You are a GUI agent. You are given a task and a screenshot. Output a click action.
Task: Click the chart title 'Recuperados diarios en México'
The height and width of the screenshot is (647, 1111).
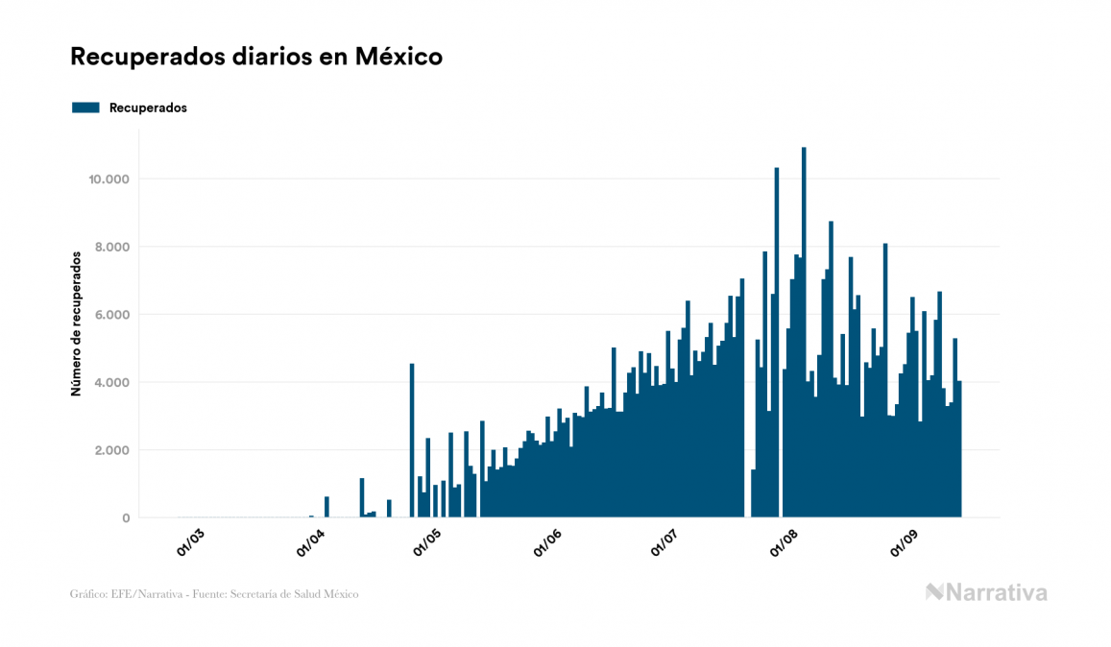pos(256,57)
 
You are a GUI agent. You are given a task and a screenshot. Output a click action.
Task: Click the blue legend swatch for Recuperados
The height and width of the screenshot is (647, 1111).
pos(85,108)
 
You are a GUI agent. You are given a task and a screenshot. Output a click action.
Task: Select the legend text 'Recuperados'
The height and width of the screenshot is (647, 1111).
pos(148,108)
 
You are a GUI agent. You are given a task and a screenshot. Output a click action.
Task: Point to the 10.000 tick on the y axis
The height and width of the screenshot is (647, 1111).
pos(109,180)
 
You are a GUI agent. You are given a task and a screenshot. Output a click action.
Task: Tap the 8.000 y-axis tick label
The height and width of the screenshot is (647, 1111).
pos(112,247)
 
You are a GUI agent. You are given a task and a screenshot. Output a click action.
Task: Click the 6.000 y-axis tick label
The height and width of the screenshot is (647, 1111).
pos(112,315)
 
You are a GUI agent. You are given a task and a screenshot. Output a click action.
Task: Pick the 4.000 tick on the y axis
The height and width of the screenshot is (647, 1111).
pos(112,382)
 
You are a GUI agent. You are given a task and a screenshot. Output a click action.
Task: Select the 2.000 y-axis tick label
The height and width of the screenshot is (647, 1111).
pos(112,450)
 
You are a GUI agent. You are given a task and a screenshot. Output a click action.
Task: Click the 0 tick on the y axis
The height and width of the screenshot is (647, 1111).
pos(125,518)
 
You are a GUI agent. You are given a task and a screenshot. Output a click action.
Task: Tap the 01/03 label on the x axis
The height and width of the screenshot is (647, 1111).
pos(190,543)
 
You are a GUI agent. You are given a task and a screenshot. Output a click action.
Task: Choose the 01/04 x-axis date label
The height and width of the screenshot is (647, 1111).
pos(310,543)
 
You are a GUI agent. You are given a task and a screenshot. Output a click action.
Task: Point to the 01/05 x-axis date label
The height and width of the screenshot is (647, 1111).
pos(427,543)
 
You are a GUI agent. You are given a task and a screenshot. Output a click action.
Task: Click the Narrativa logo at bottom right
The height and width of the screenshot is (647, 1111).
pos(986,592)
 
